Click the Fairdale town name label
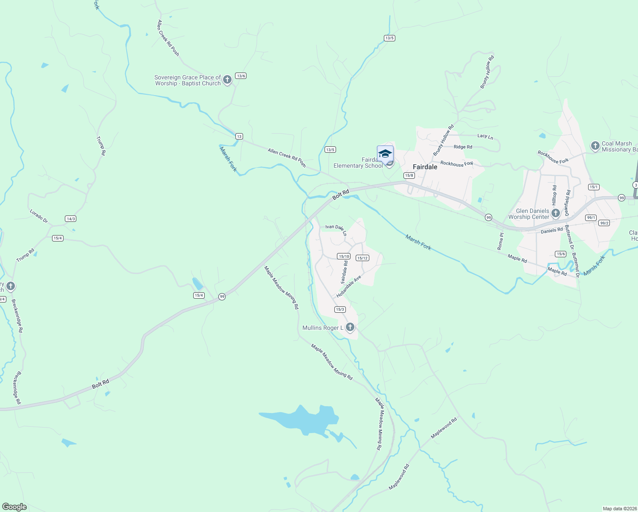click(x=425, y=167)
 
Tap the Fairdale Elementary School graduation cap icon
click(x=385, y=154)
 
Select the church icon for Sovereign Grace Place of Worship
click(x=227, y=79)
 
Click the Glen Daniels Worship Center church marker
click(x=555, y=212)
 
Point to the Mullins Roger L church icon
click(x=350, y=327)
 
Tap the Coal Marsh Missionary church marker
click(x=595, y=145)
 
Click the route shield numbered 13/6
click(x=241, y=76)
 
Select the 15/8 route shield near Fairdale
click(x=409, y=175)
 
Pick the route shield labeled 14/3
click(x=71, y=219)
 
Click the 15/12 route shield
click(x=362, y=258)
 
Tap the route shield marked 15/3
click(x=339, y=309)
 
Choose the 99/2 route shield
click(x=604, y=223)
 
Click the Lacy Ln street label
click(x=485, y=136)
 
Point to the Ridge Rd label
click(x=463, y=147)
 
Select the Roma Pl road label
click(x=501, y=241)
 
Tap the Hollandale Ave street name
click(x=348, y=287)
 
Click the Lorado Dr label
click(x=39, y=216)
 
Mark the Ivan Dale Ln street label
click(x=336, y=229)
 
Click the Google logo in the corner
click(x=14, y=507)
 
